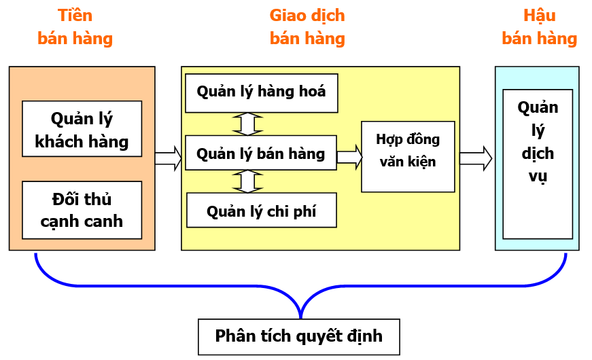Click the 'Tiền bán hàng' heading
(75, 27)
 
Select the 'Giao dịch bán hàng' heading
(307, 27)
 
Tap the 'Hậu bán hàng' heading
(539, 27)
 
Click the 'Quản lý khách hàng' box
(82, 129)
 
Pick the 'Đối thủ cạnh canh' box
(82, 210)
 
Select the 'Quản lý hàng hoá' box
(261, 92)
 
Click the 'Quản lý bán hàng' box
(261, 154)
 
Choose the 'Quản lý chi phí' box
(261, 212)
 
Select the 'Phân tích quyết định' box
(298, 336)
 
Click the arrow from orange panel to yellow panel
(168, 158)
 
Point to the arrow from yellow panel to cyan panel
(475, 158)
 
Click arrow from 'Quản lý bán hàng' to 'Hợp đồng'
(349, 157)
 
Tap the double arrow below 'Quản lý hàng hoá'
(247, 124)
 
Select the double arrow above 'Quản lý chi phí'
(247, 181)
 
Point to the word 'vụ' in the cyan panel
(538, 177)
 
